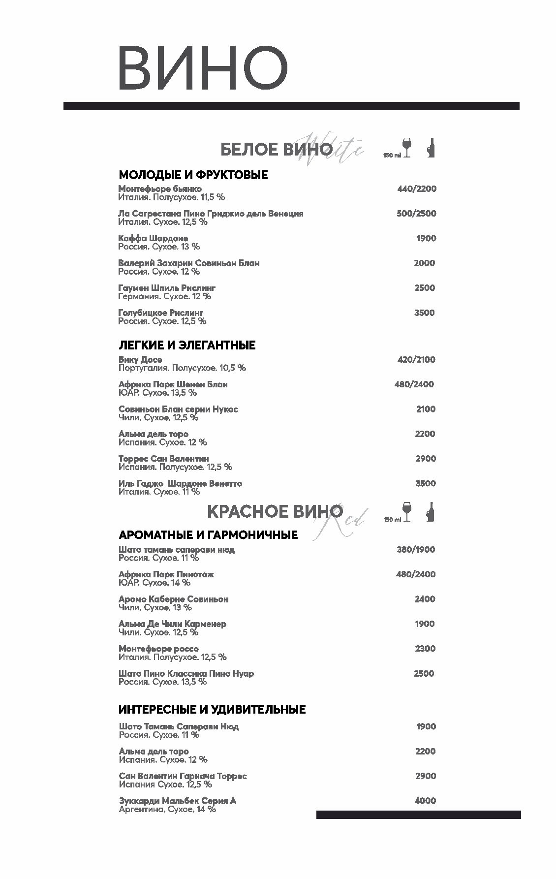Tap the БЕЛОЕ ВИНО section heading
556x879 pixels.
click(x=276, y=150)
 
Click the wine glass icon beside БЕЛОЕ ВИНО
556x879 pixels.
click(x=406, y=147)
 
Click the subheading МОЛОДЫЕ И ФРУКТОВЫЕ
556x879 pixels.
click(x=193, y=175)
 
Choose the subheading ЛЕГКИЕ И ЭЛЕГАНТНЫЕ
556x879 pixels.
click(x=187, y=345)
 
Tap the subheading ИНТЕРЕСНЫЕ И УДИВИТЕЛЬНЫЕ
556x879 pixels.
click(x=212, y=709)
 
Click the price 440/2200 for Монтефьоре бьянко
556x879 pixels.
click(x=417, y=189)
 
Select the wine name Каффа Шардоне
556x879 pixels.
click(x=153, y=238)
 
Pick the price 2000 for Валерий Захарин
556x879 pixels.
click(x=424, y=263)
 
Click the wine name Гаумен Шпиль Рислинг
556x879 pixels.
click(x=167, y=288)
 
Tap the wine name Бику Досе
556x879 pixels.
click(x=140, y=360)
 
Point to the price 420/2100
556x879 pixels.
click(x=416, y=360)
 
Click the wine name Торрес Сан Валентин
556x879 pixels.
click(x=164, y=459)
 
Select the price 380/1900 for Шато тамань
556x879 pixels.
click(x=416, y=550)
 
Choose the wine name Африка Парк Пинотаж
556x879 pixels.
click(x=166, y=574)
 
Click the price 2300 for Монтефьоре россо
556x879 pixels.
click(x=425, y=649)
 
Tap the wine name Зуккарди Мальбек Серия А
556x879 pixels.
click(x=178, y=801)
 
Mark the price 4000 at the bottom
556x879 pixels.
click(x=425, y=801)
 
